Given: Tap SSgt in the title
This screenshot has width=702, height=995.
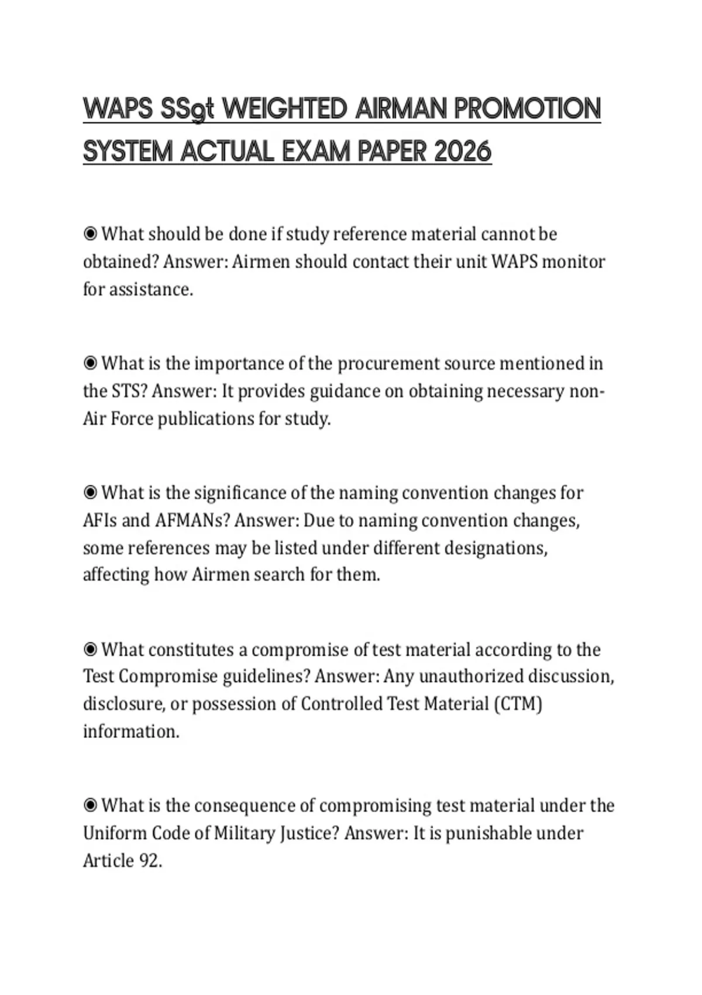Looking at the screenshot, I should tap(185, 109).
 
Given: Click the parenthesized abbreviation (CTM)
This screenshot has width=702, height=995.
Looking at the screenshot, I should tap(518, 704).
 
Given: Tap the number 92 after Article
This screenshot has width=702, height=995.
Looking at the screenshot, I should tap(151, 861).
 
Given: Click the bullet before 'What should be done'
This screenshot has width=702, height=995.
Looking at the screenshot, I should tap(90, 234).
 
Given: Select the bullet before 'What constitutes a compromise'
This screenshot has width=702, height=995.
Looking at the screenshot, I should tap(90, 650).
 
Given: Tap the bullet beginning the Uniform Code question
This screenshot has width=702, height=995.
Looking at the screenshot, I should tap(90, 806).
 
